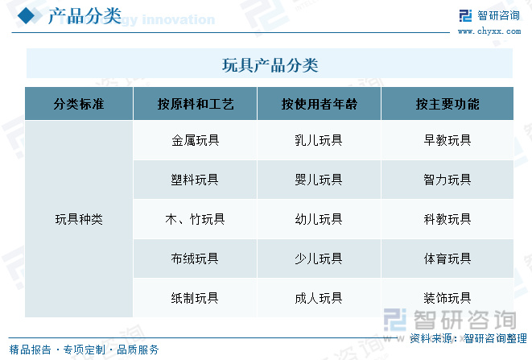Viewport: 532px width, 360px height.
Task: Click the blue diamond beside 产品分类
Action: point(26,15)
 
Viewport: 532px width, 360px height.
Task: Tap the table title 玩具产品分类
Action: point(270,65)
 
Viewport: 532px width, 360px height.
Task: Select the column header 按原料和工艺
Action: point(196,104)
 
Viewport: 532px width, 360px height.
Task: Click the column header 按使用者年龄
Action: point(319,104)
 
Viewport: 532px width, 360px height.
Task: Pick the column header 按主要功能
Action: point(447,104)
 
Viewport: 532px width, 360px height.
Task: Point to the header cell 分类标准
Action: point(79,104)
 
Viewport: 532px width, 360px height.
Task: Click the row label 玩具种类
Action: point(79,219)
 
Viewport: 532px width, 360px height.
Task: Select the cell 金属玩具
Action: point(195,140)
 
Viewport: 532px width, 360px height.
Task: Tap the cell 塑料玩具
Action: point(195,180)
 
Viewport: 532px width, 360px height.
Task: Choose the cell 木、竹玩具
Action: point(195,219)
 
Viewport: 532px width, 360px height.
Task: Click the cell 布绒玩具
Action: point(195,259)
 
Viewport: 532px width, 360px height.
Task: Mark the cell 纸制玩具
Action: point(195,298)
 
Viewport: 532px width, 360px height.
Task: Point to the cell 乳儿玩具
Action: point(319,140)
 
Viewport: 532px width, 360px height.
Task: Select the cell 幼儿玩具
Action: point(319,219)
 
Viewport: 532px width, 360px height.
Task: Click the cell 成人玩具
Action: point(319,298)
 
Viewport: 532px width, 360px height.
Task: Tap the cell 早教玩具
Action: point(447,140)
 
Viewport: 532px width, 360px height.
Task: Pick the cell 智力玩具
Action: point(447,180)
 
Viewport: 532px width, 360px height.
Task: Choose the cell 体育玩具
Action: point(447,259)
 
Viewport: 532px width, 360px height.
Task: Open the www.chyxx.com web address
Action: point(489,31)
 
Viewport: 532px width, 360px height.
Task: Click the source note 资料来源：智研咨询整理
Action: point(468,338)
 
